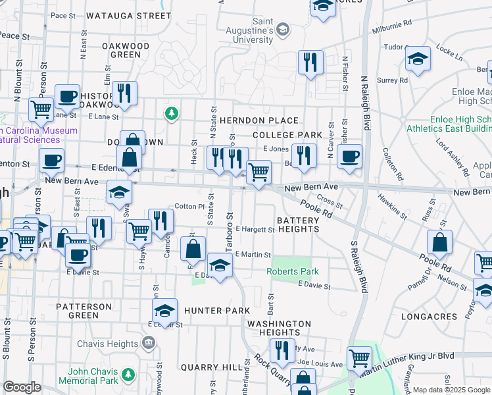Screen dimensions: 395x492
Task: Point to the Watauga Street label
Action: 128,14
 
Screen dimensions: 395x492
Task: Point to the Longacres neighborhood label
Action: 429,317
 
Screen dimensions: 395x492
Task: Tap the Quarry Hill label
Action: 212,367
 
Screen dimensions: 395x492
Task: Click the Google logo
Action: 22,387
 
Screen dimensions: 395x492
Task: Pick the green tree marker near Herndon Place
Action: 172,114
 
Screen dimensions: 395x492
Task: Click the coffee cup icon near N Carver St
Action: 350,157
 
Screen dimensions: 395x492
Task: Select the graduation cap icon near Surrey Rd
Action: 418,59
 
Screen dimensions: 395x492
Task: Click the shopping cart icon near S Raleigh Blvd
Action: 360,358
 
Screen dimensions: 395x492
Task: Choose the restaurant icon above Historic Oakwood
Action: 124,93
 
